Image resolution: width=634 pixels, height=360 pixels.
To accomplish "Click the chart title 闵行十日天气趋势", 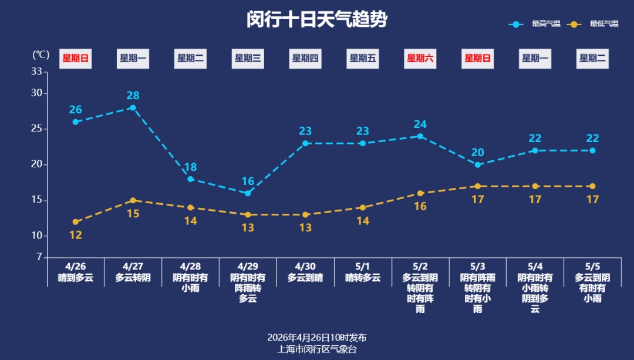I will tap(316, 19).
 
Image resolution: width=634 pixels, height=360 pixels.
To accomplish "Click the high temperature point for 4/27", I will tap(133, 108).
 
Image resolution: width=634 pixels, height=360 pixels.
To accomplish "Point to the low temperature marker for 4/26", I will tap(76, 222).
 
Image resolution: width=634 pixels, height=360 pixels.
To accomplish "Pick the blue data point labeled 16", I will tap(248, 193).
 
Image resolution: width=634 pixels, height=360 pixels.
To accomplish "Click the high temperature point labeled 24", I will tap(420, 136).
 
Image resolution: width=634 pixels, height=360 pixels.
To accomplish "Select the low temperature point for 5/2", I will tap(420, 193).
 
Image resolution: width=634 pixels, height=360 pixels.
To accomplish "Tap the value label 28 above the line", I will tap(133, 96).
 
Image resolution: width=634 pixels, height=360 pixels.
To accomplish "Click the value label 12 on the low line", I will tap(76, 235).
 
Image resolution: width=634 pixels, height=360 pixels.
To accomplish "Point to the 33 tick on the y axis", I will tap(36, 72).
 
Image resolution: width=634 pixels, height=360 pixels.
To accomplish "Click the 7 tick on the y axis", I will tap(39, 257).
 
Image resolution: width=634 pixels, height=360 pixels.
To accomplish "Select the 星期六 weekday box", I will tap(420, 58).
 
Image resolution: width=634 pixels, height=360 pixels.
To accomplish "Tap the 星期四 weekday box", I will tap(305, 58).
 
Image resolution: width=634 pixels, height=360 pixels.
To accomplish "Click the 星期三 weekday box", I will tap(248, 58).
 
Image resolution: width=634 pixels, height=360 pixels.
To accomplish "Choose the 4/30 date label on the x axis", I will tap(305, 266).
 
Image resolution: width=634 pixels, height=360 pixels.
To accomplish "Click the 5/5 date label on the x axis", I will tap(592, 266).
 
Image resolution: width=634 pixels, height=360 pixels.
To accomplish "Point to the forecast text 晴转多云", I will tap(363, 278).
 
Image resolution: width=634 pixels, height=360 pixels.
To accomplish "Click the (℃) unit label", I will tap(41, 55).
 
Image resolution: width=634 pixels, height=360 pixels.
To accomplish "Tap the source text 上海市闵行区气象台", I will tap(317, 349).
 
